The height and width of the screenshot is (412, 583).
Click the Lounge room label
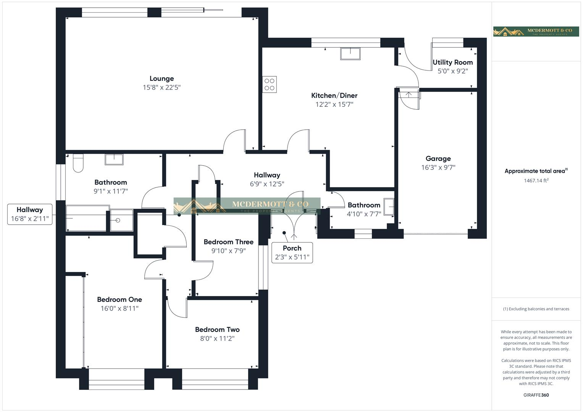tap(161, 79)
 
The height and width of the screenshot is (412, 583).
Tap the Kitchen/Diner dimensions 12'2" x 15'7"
tap(334, 105)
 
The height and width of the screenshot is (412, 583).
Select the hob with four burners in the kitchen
tap(270, 84)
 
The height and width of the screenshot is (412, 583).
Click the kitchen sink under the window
tap(350, 53)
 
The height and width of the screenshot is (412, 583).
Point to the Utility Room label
tap(452, 62)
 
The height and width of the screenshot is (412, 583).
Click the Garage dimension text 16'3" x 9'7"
tap(438, 167)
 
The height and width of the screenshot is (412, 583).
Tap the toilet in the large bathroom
tap(78, 163)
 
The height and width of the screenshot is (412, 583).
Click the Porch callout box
tap(292, 253)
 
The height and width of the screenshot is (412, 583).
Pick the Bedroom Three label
tap(228, 242)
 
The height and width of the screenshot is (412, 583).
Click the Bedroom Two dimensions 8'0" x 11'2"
tap(217, 339)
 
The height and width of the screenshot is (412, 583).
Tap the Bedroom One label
tap(119, 299)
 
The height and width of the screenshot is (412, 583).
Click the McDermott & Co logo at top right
tap(536, 32)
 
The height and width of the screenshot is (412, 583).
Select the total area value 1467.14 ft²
tap(536, 181)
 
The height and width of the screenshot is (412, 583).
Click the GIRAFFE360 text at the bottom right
tap(536, 395)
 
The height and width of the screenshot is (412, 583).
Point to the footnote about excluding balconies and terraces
tap(536, 309)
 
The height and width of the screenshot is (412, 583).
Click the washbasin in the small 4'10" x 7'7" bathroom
tap(389, 207)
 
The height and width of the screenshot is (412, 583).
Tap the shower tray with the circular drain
tap(121, 220)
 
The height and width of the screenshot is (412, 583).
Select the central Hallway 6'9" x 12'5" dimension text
tap(267, 184)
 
